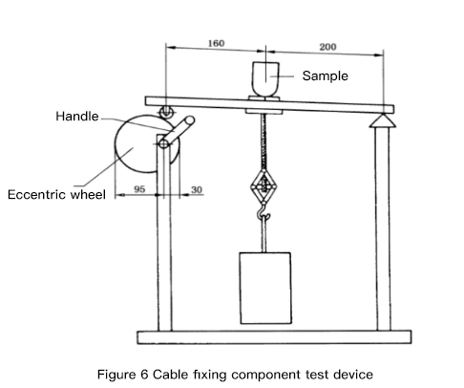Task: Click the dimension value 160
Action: coord(216,43)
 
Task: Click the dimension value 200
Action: coord(327,47)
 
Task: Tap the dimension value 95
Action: coord(139,189)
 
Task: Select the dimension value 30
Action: coord(197,189)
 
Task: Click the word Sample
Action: coord(325,76)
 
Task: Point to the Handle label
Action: coord(77,117)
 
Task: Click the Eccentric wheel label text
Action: coord(56,194)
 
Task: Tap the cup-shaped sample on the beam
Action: coord(265,79)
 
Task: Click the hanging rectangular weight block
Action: coord(265,288)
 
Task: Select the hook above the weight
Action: coord(264,213)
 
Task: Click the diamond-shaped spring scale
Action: coord(264,185)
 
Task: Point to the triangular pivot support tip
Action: coord(383,115)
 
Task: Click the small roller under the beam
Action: coord(166,112)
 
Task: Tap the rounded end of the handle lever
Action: coord(190,120)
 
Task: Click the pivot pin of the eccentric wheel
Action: coord(163,144)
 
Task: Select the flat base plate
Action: coord(274,337)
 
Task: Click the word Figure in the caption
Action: coord(116,375)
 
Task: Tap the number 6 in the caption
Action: coord(144,374)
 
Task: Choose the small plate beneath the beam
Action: coord(264,112)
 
